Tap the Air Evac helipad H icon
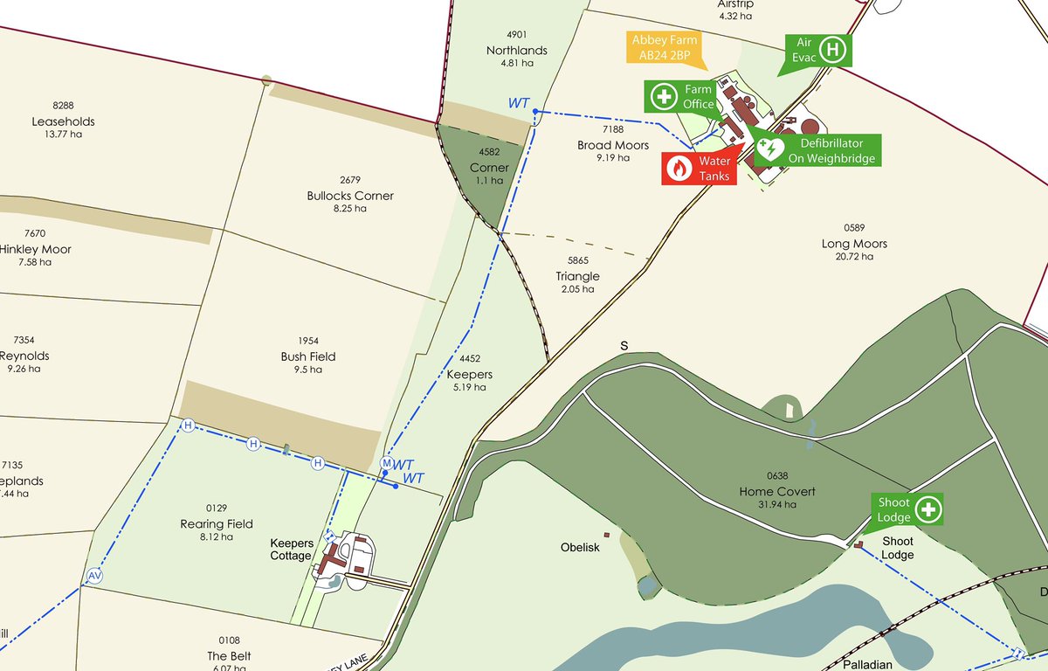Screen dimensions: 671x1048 [x=833, y=49]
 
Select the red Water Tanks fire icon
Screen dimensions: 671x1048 [x=679, y=169]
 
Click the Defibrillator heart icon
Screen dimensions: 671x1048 [x=769, y=149]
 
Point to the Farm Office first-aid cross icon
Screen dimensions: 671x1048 [x=664, y=96]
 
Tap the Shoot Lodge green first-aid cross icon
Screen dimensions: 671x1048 [x=928, y=508]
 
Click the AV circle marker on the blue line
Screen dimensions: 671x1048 [x=94, y=576]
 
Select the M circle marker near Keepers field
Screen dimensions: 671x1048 [x=387, y=462]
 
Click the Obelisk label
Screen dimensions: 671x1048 [x=580, y=548]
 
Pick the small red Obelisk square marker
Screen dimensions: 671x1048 [x=606, y=535]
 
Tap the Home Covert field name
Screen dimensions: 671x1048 [x=777, y=492]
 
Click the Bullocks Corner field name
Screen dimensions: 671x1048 [x=350, y=196]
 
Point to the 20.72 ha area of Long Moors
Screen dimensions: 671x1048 [x=854, y=257]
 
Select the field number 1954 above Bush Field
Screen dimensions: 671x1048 [x=308, y=342]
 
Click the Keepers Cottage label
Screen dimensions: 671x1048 [x=291, y=550]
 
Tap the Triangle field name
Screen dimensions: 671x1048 [x=578, y=276]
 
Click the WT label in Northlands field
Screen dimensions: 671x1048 [x=519, y=103]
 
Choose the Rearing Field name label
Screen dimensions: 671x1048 [x=217, y=524]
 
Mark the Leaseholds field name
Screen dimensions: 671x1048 [x=63, y=121]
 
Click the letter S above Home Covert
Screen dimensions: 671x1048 [x=624, y=346]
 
